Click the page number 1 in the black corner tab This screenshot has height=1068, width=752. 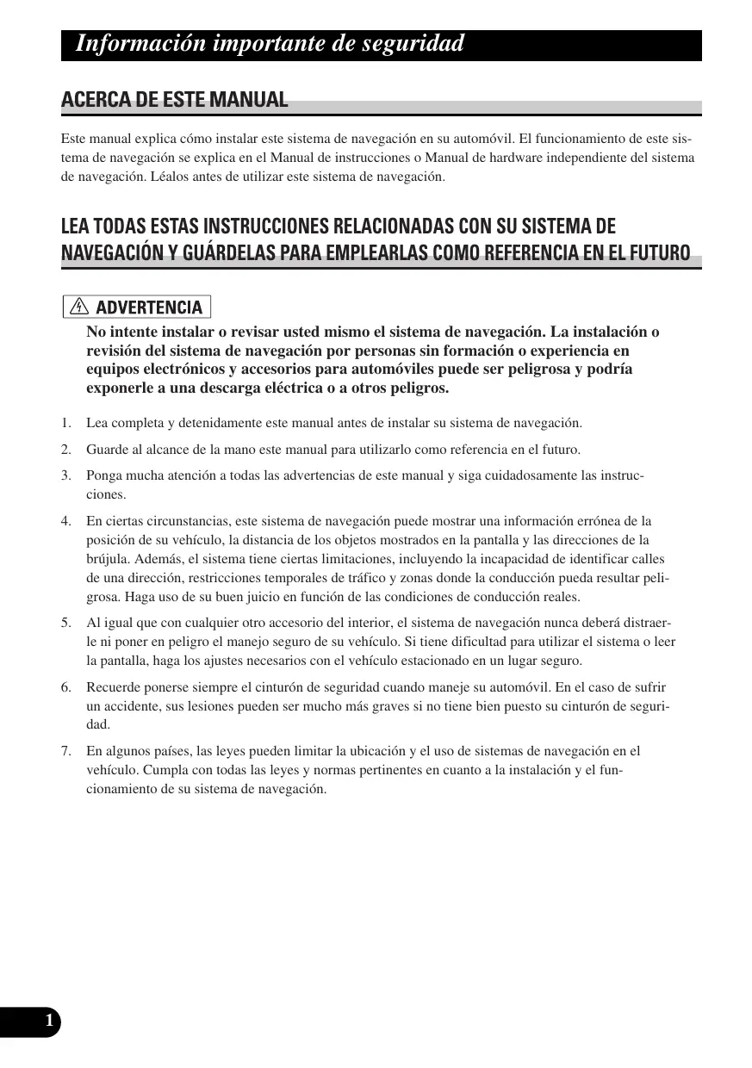click(x=49, y=1021)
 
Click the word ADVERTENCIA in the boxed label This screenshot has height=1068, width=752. click(x=148, y=307)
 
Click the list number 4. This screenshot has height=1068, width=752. click(x=65, y=521)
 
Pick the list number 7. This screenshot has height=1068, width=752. click(x=65, y=752)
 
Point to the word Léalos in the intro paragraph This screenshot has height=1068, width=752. click(x=169, y=177)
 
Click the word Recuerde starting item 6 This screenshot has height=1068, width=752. click(x=113, y=687)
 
